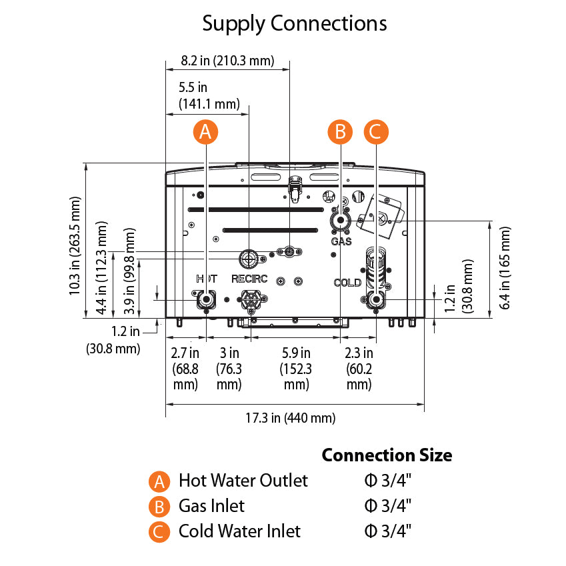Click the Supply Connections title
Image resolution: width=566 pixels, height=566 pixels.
point(295,24)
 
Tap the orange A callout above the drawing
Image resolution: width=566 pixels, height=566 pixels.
point(205,132)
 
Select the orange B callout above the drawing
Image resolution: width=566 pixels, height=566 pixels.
point(340,132)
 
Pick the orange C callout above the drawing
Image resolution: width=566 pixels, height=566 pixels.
point(376,132)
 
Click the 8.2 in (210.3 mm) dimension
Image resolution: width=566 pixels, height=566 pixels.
point(227,61)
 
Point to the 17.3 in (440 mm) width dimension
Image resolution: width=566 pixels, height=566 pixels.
point(290,419)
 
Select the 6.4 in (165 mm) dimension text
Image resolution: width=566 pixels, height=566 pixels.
point(506,267)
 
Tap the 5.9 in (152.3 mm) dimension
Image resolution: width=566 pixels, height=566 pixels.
point(296,369)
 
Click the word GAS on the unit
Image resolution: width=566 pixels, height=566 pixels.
point(341,241)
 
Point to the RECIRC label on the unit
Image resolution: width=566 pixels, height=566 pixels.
point(249,279)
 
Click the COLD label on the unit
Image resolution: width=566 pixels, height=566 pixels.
point(347,283)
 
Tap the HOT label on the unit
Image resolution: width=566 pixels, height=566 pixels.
point(206,278)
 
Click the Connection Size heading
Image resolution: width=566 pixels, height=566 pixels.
point(387,455)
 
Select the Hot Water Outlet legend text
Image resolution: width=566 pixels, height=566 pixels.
point(243,481)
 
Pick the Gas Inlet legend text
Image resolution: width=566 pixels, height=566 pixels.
point(211,506)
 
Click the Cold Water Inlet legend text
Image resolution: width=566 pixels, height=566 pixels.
point(239,531)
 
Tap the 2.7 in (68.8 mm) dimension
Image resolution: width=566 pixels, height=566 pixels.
point(185,369)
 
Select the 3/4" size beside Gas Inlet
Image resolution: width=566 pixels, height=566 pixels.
point(388,506)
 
